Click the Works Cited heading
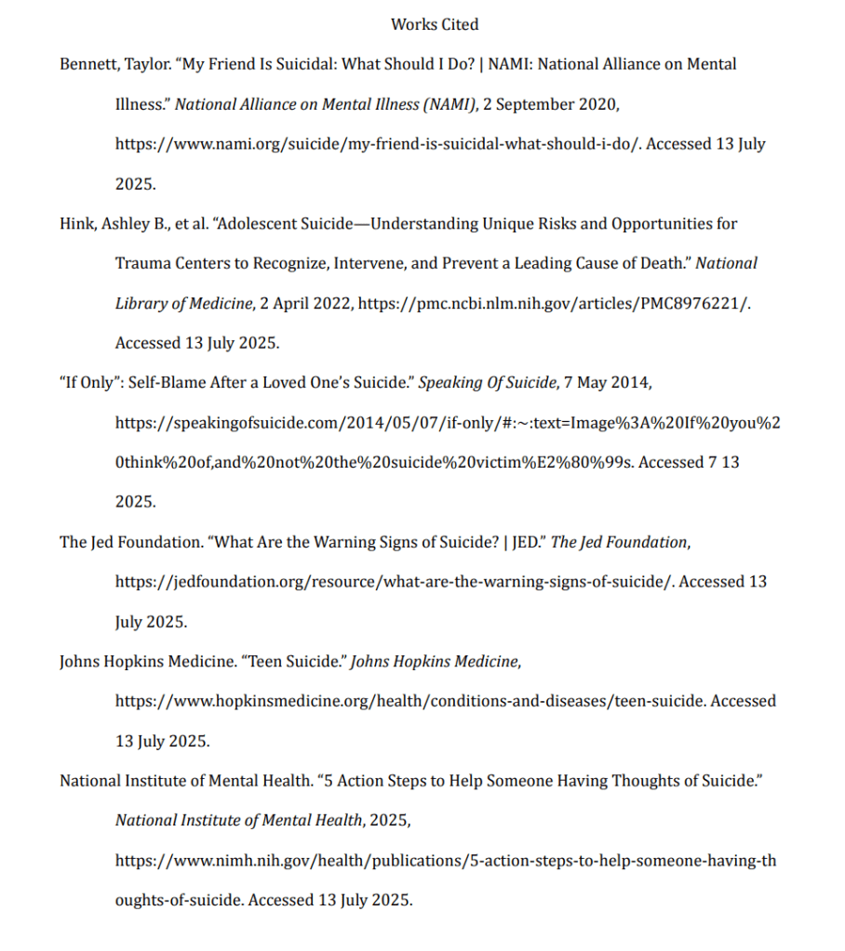click(x=435, y=24)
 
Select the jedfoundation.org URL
click(x=395, y=582)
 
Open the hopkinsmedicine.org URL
click(x=410, y=701)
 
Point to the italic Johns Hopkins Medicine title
click(x=434, y=662)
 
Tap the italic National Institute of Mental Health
click(x=238, y=820)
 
